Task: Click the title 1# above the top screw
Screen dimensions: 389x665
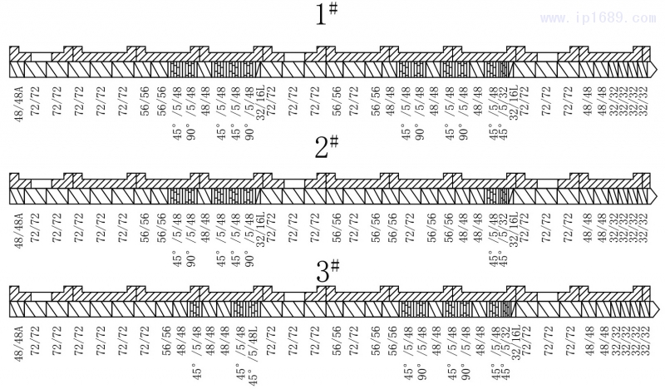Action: (328, 15)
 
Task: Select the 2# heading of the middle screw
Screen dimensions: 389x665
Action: (328, 148)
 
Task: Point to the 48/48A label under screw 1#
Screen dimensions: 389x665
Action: (18, 101)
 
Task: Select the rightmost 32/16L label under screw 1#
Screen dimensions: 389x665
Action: (514, 101)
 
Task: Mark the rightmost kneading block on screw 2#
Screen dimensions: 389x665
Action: (497, 195)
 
